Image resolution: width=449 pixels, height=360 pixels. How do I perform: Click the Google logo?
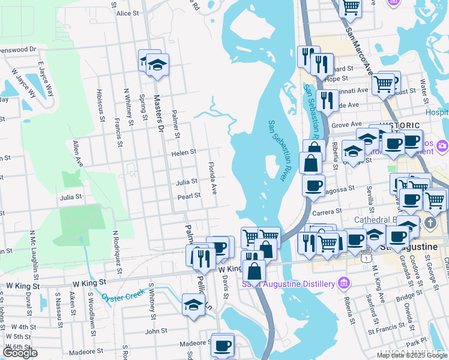(20, 353)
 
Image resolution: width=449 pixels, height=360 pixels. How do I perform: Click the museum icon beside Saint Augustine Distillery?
(343, 283)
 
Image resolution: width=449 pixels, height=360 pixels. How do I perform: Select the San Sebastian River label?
(277, 150)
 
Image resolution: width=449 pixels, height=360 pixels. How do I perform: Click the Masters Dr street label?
(158, 114)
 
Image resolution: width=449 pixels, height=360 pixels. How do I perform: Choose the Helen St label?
(184, 153)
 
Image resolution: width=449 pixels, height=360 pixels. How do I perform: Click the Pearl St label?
(188, 196)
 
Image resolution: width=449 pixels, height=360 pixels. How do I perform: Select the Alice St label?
(128, 13)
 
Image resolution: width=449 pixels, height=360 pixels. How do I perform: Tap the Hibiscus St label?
(100, 106)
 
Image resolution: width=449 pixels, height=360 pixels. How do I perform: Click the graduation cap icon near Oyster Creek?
(193, 304)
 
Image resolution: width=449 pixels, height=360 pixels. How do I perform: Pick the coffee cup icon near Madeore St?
(222, 345)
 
